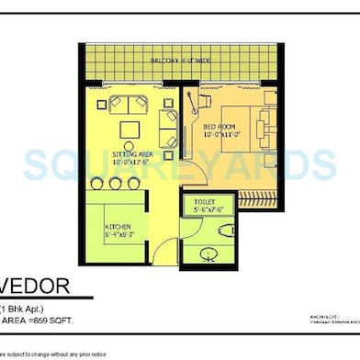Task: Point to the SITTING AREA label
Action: pos(132,158)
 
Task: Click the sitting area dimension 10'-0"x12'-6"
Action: pos(132,166)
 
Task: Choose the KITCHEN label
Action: pos(118,225)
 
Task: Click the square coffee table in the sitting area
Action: pos(126,128)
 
